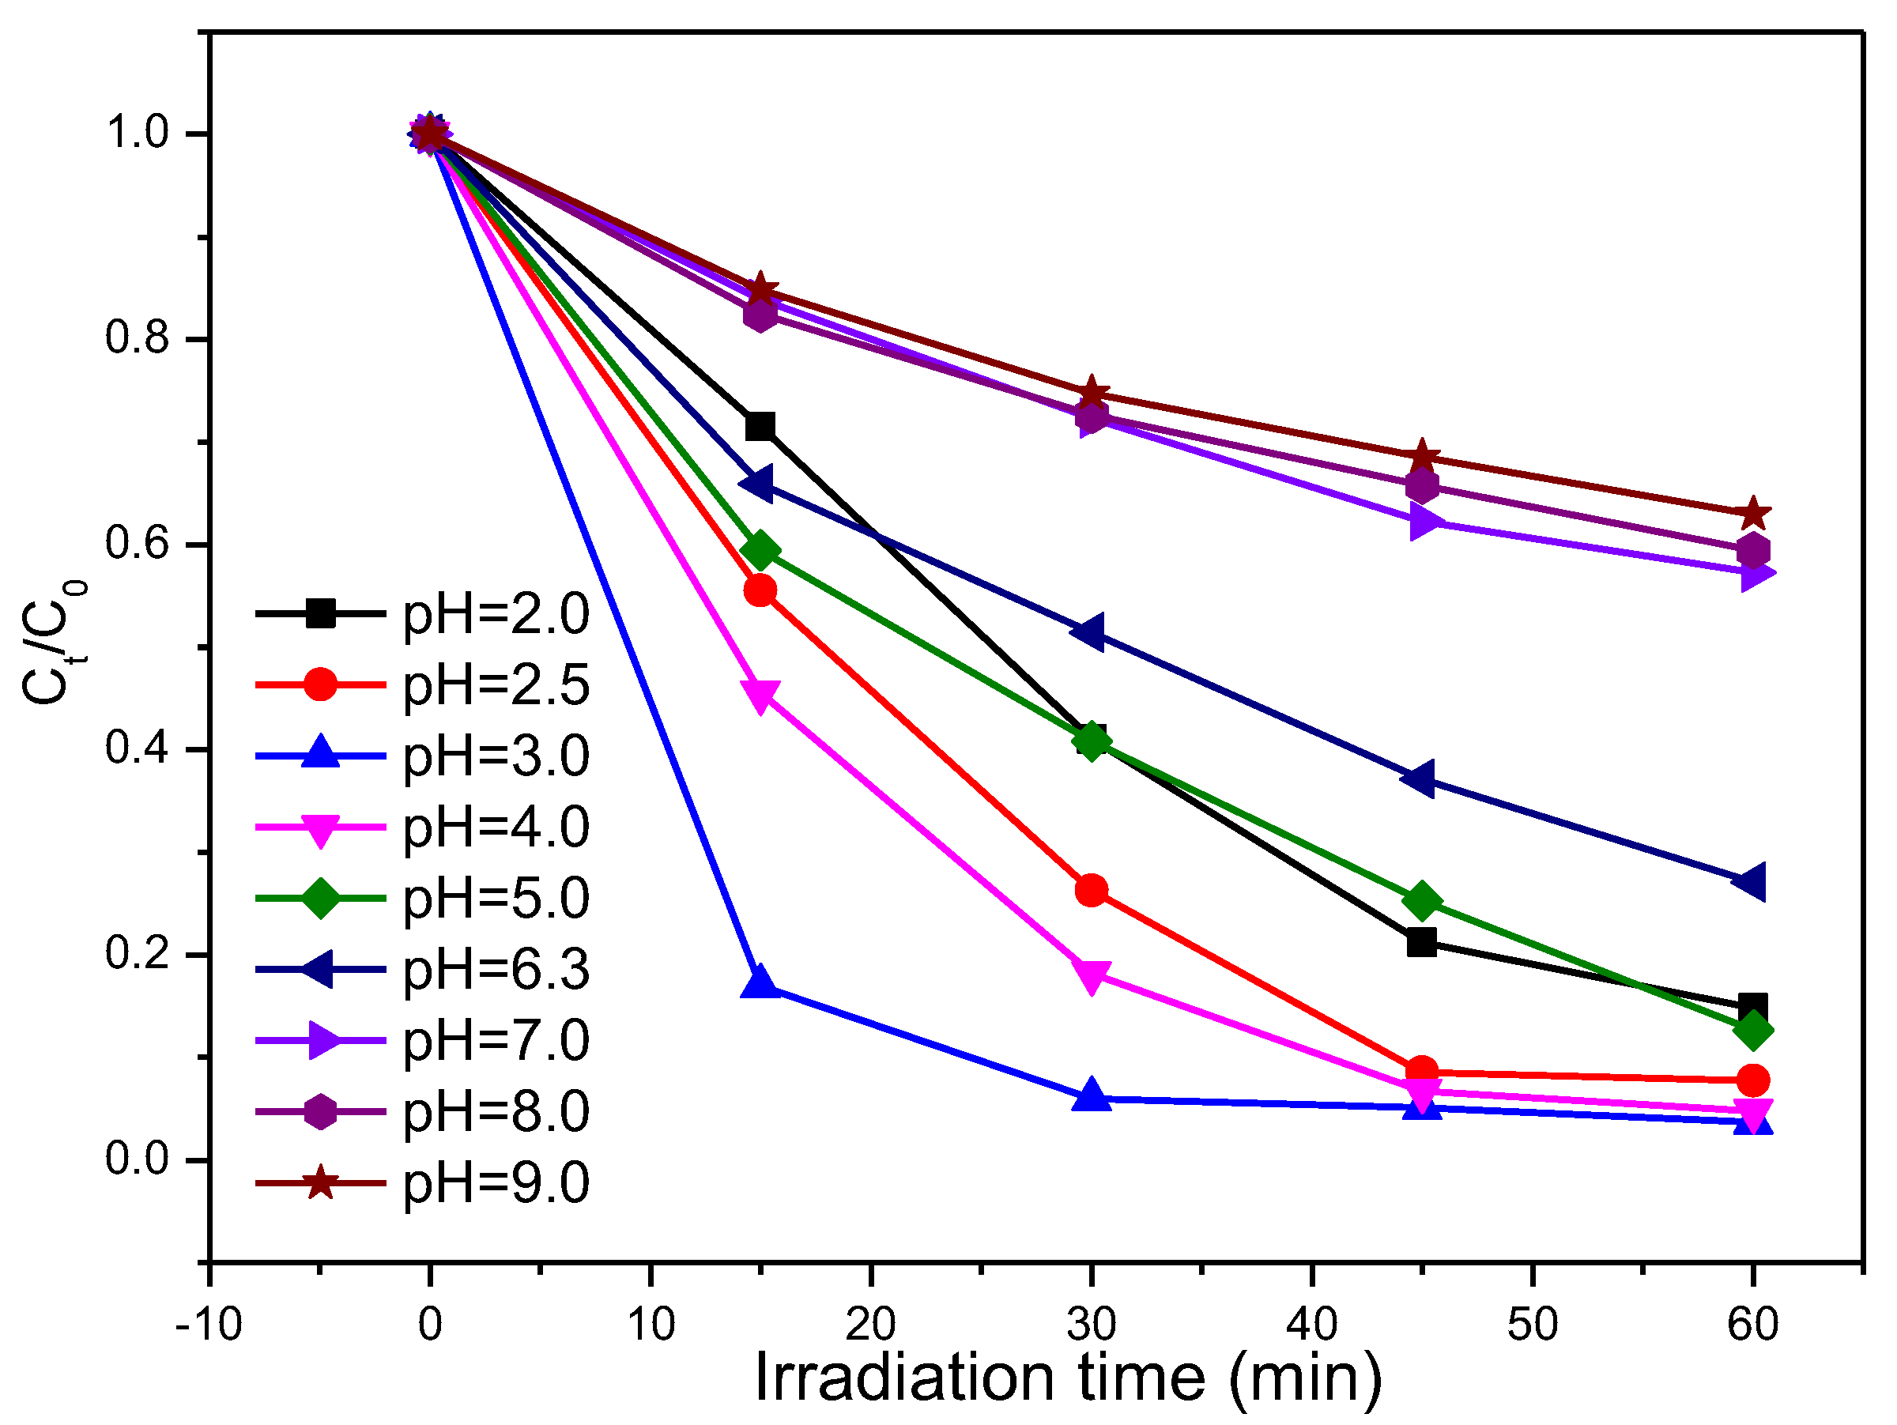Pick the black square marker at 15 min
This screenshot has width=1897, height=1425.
click(x=760, y=426)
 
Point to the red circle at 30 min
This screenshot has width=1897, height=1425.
click(x=1091, y=891)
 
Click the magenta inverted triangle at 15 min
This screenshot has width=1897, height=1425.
click(x=760, y=696)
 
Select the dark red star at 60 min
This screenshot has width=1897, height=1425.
click(x=1753, y=514)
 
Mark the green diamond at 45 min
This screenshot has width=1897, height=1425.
click(x=1422, y=901)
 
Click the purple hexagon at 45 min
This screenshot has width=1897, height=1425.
click(x=1422, y=486)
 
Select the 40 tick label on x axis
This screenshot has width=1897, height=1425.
click(x=1311, y=1325)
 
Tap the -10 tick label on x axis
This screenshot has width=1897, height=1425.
click(x=209, y=1325)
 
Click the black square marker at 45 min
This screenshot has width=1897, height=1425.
click(x=1422, y=943)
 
